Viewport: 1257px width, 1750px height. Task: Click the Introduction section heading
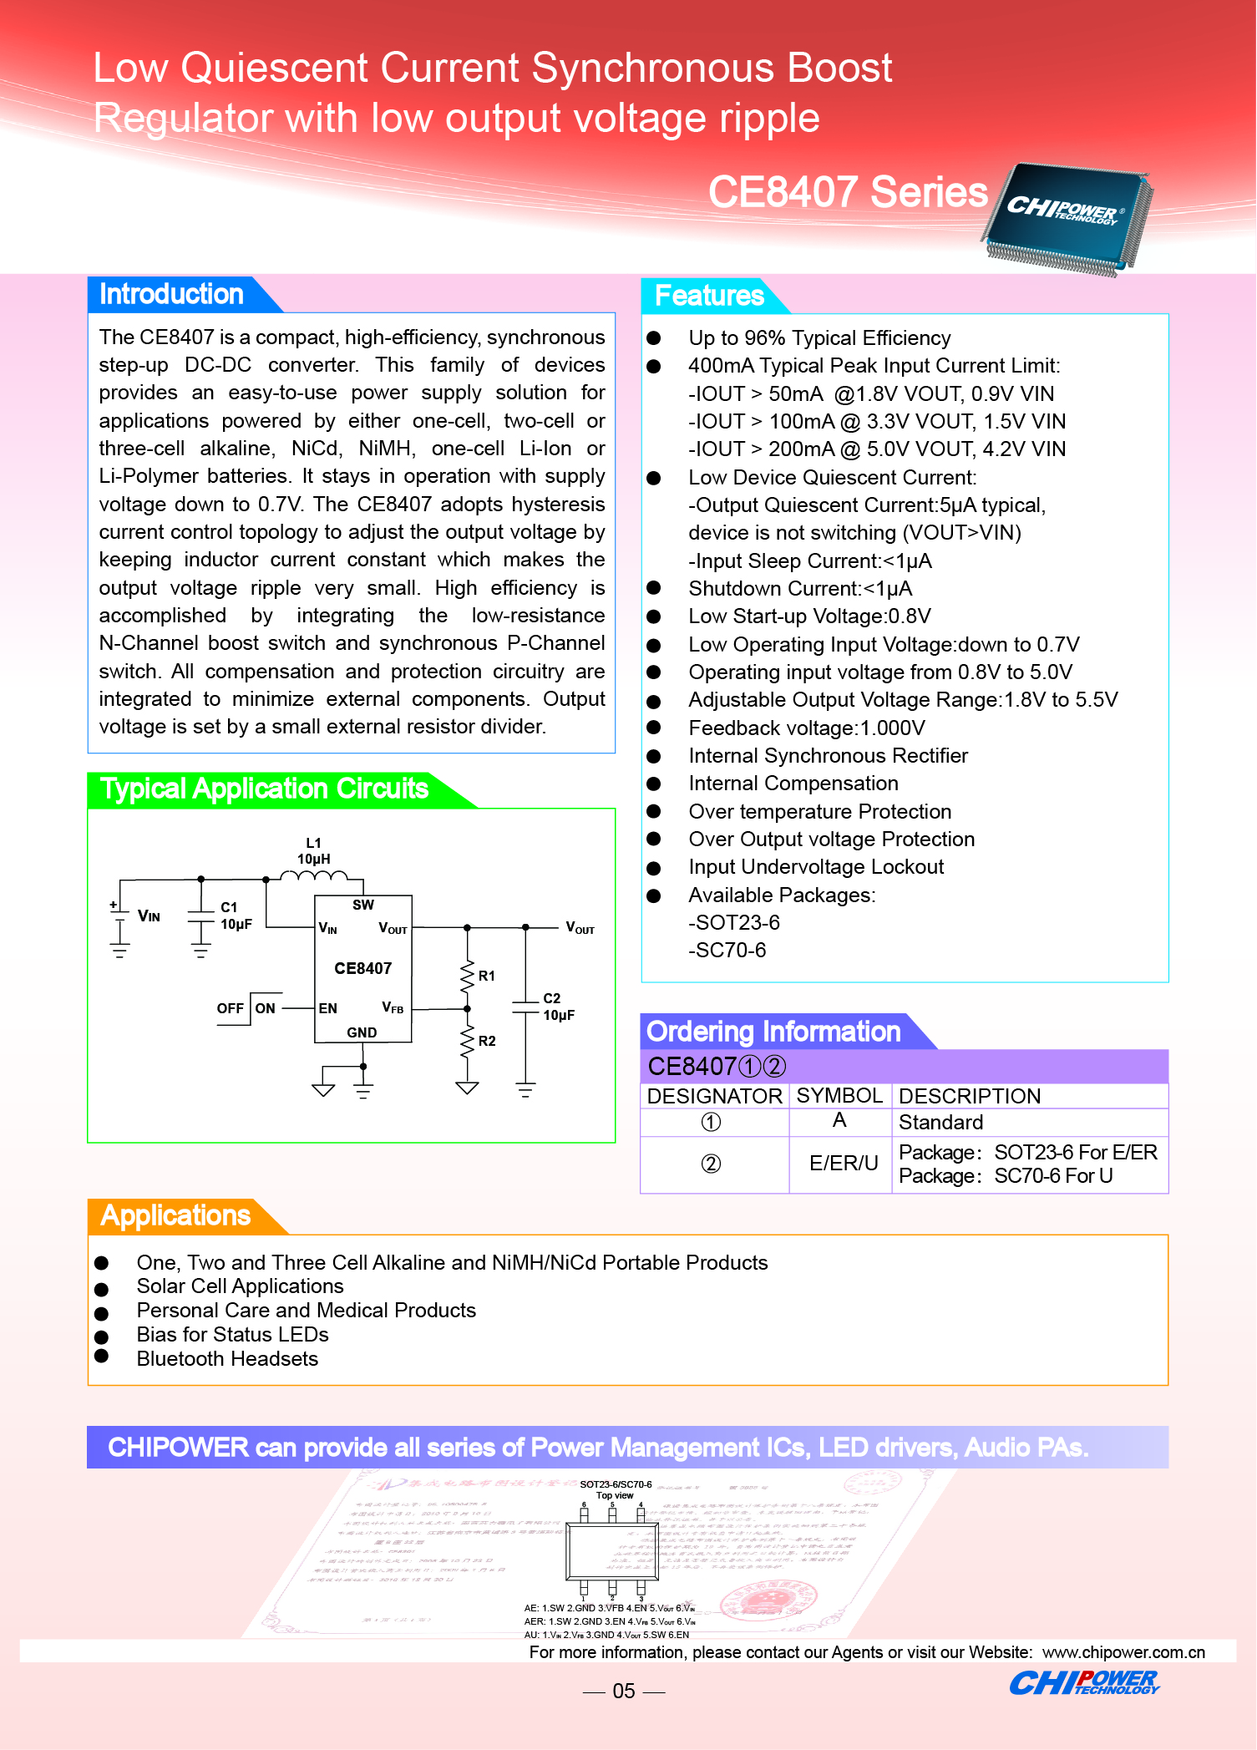(171, 294)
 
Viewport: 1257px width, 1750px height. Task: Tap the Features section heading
(709, 296)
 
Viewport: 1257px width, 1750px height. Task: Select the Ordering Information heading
(773, 1032)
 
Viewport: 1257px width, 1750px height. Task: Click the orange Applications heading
(175, 1215)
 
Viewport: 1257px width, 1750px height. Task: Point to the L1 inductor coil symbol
(314, 875)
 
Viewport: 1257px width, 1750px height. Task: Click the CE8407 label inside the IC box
(362, 969)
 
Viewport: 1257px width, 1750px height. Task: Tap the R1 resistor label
(487, 976)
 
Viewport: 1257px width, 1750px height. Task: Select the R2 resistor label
(487, 1041)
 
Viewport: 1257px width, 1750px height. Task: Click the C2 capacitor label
(552, 998)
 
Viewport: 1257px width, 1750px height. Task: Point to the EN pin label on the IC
(328, 1009)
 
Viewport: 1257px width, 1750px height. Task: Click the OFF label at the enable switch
(230, 1008)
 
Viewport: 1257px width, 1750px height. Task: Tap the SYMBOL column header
(839, 1096)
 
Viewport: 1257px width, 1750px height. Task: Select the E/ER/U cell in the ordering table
(844, 1164)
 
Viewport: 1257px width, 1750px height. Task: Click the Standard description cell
(941, 1123)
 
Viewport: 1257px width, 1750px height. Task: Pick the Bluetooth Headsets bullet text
(227, 1359)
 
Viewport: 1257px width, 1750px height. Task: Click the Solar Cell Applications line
(241, 1286)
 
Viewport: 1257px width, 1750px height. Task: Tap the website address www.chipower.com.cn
(1123, 1652)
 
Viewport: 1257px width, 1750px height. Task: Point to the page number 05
(624, 1692)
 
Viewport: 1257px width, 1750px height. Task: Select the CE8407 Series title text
(848, 192)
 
